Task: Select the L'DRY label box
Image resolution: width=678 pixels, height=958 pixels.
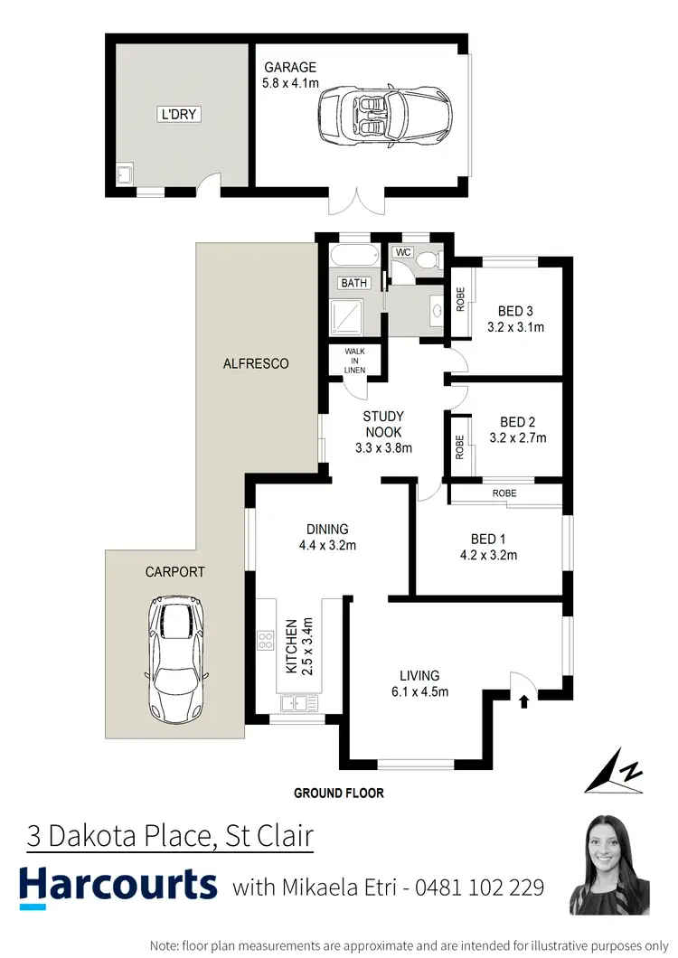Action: [178, 115]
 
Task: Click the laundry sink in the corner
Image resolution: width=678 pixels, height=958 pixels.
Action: [125, 174]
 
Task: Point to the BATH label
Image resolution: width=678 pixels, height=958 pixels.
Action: [353, 283]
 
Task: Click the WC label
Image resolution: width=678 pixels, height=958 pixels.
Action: [403, 252]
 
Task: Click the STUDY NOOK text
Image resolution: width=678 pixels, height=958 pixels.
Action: [383, 424]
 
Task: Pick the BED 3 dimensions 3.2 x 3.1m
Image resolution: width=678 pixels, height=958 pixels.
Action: [515, 328]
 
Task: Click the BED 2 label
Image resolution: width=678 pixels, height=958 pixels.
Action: [518, 422]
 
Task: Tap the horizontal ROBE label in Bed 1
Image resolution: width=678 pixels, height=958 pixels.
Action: [504, 494]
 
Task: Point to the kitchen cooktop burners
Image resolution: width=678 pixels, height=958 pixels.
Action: [267, 641]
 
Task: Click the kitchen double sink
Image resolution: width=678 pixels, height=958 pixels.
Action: [298, 702]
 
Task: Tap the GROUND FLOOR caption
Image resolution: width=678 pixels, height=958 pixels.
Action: [339, 794]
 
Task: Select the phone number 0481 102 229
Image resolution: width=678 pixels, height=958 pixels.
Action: [479, 888]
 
